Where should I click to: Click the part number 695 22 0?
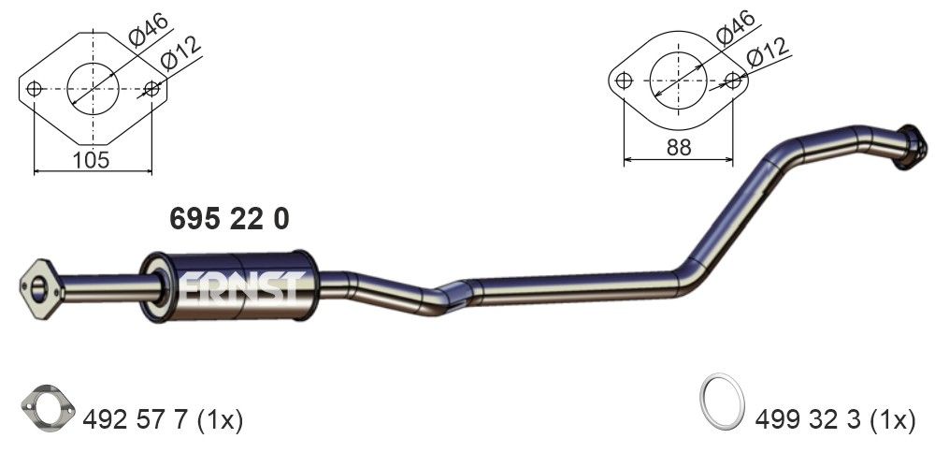(229, 219)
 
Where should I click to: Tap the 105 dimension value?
(93, 160)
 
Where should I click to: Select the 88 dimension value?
(679, 146)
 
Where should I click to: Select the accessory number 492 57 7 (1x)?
(163, 420)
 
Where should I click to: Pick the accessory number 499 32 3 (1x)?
(836, 420)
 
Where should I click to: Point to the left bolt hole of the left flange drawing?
(35, 90)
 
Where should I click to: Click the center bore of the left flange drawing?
(93, 90)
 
